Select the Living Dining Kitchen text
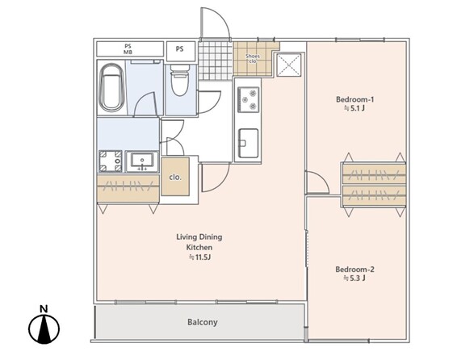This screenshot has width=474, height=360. [x=199, y=242]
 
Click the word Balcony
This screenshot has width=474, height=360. [x=202, y=322]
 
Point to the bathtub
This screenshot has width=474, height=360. [x=111, y=88]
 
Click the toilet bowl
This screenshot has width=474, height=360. [x=179, y=81]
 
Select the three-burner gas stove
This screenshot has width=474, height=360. [x=248, y=99]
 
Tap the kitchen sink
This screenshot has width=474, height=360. [x=248, y=144]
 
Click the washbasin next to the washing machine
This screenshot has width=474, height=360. [x=142, y=161]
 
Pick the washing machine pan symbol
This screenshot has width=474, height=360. [x=111, y=161]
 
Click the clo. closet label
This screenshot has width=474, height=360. [x=175, y=178]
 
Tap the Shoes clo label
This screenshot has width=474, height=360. [x=253, y=59]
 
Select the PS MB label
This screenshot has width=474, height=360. [x=128, y=49]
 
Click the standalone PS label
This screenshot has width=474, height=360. [x=179, y=48]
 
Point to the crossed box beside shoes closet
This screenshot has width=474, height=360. [x=289, y=65]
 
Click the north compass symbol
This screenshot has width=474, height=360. [x=44, y=325]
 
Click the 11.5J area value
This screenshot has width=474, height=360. [x=199, y=257]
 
